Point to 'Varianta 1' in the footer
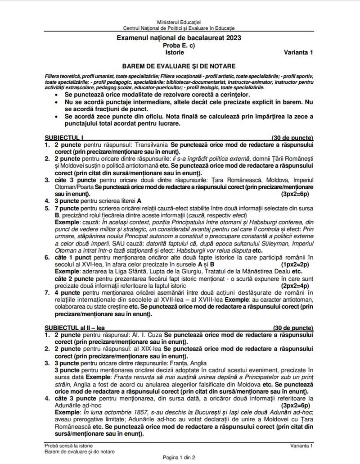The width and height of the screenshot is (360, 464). [301, 445]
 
